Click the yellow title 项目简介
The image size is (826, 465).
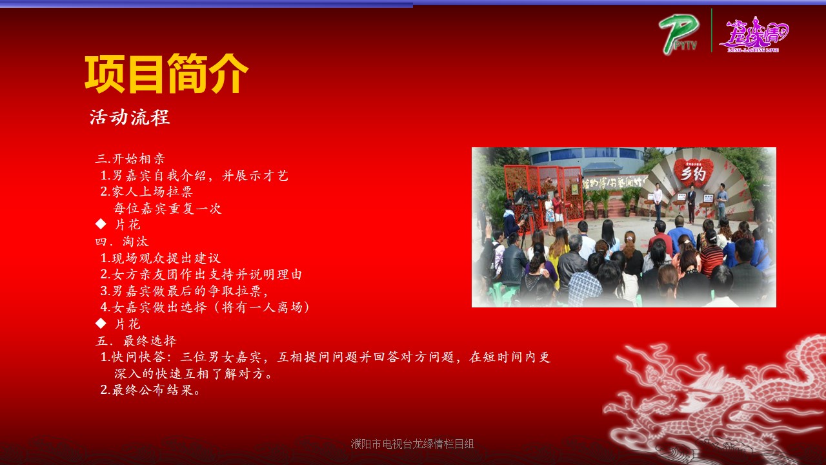tap(166, 74)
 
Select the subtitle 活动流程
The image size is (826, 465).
tap(130, 118)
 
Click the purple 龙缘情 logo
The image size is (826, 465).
tap(754, 34)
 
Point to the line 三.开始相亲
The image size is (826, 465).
tap(130, 159)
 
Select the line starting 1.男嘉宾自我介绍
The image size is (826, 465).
tap(194, 175)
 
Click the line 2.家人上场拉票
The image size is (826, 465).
tap(146, 192)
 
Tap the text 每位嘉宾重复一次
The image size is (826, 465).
tap(167, 209)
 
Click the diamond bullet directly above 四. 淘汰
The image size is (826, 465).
tap(101, 223)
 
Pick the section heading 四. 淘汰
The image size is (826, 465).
tap(122, 242)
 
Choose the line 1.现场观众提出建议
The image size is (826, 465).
tap(161, 258)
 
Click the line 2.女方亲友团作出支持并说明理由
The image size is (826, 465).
tap(201, 274)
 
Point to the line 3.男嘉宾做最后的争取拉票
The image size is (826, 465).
tap(184, 291)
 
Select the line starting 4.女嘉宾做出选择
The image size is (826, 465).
tap(205, 307)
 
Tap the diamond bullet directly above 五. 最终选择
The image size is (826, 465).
tap(101, 324)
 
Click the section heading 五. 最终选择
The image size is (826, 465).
tap(136, 340)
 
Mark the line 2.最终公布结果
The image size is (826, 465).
tap(150, 389)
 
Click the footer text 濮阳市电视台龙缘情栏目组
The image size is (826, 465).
tap(412, 444)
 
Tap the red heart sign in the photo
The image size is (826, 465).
tap(694, 172)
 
